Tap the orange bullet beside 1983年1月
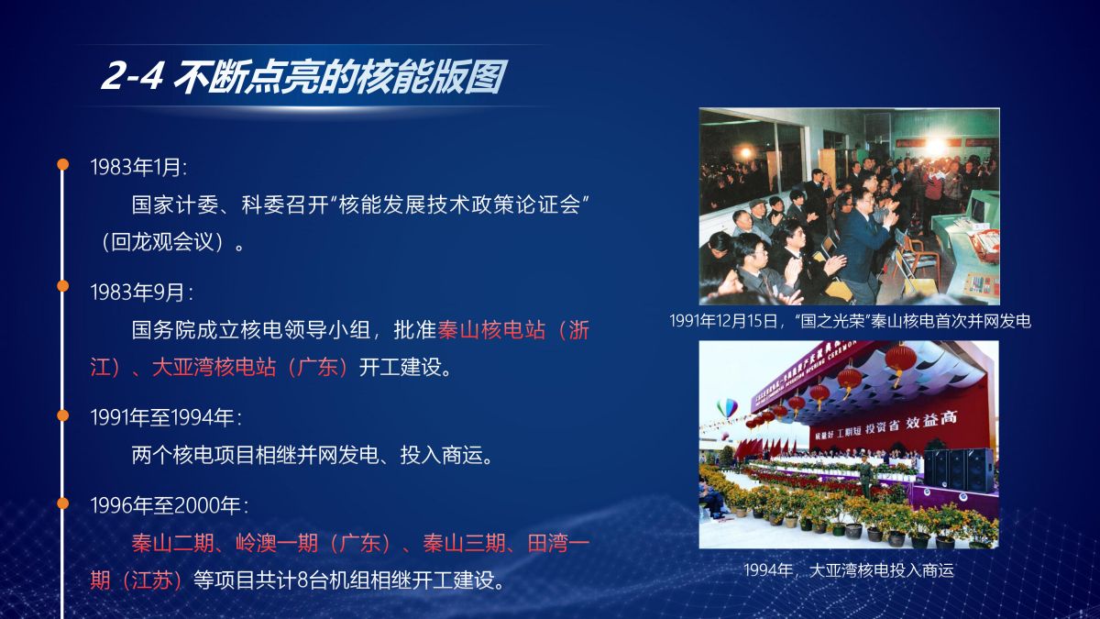pos(63,164)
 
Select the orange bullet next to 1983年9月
pos(63,286)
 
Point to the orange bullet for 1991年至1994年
pos(63,415)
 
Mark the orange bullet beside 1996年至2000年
pos(63,503)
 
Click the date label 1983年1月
pos(138,168)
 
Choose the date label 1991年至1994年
pos(166,417)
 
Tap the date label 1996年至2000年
pos(170,505)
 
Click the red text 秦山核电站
pos(491,330)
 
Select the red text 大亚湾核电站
pos(214,367)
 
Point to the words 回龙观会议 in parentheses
pos(163,242)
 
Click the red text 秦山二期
pos(173,543)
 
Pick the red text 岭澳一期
pos(277,543)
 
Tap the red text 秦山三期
pos(465,543)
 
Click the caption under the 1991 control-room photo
pos(850,321)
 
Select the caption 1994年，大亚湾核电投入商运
pos(849,570)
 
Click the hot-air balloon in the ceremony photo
pos(727,407)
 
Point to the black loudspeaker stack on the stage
pos(960,470)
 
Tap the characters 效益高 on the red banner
pos(931,421)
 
